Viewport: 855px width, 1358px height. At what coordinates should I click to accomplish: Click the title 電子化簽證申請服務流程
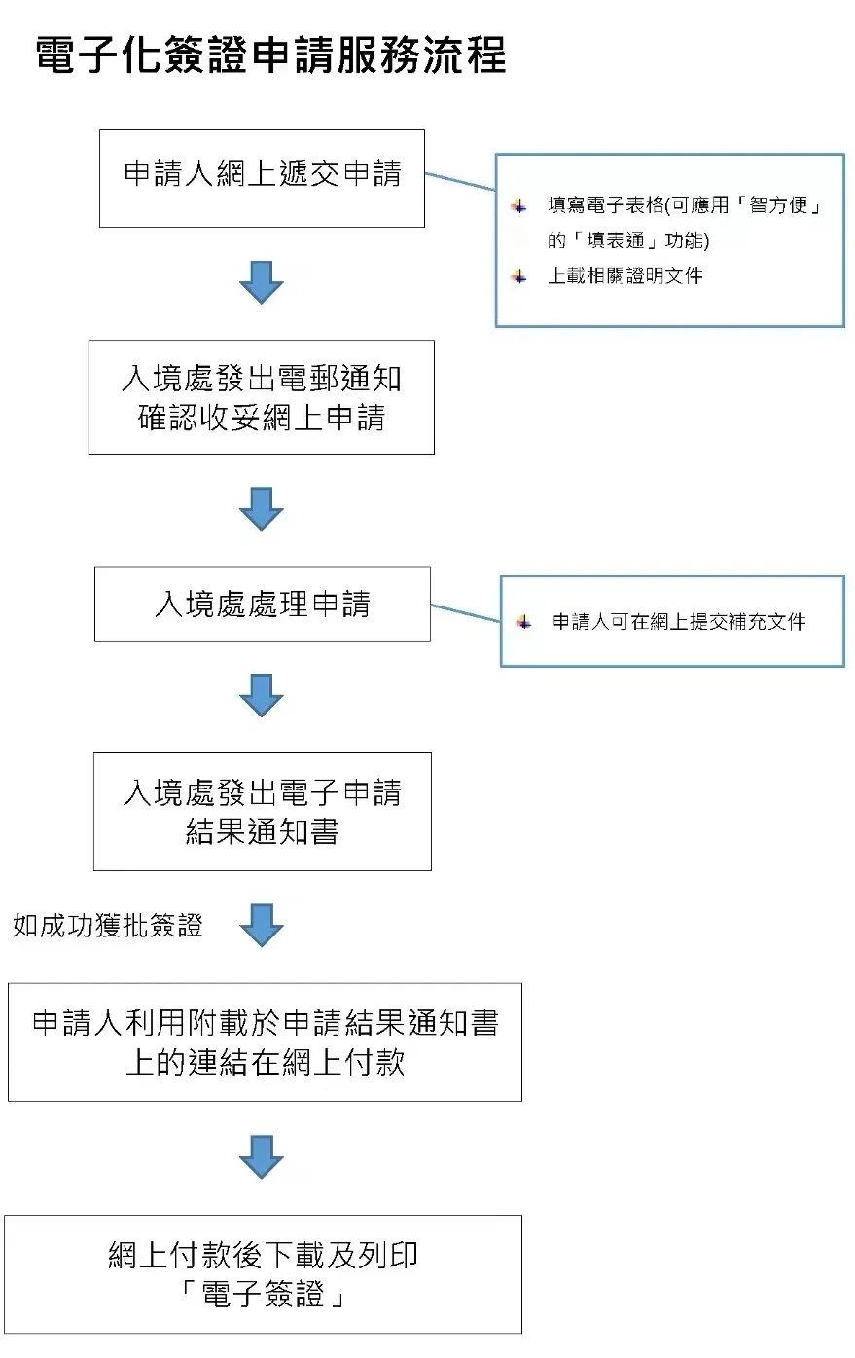(270, 55)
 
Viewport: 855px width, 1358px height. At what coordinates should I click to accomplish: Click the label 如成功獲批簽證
(108, 926)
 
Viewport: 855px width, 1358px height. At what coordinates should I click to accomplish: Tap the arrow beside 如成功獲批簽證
(261, 925)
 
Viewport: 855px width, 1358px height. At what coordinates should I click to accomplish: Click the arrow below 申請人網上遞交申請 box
(261, 282)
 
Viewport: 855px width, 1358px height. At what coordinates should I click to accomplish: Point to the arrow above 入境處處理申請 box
(261, 509)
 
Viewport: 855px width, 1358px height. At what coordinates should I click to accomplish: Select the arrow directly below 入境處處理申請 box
(261, 695)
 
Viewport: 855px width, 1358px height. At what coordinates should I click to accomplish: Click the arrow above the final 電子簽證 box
(261, 1157)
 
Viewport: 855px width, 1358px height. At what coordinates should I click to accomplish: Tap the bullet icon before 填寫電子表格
(518, 205)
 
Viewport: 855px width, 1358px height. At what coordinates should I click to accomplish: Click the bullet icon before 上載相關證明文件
(518, 276)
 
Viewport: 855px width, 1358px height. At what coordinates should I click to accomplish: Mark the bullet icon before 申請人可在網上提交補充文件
(523, 622)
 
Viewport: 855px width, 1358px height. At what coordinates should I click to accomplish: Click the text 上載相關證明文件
(625, 275)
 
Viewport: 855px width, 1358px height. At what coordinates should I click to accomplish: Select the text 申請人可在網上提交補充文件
(679, 621)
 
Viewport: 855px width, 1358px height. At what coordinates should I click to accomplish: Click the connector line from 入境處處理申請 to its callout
(465, 612)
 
